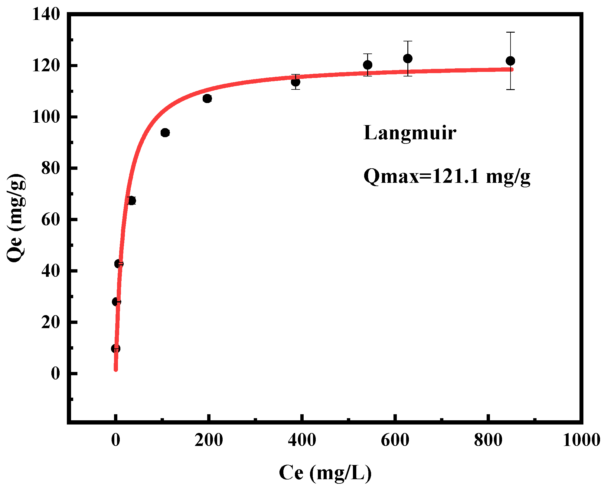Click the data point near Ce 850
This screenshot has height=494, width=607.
(510, 61)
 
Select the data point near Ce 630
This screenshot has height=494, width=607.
(408, 58)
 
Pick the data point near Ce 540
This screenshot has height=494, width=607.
(367, 65)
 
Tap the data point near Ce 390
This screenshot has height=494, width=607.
(295, 82)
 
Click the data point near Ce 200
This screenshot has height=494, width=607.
(207, 98)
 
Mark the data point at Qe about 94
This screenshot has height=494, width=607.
(165, 133)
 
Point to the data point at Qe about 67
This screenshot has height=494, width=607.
(132, 201)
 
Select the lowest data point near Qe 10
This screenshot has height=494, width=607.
(116, 349)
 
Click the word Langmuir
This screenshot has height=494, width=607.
(410, 133)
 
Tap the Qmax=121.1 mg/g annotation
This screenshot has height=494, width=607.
(447, 176)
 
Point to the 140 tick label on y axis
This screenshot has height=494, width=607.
(46, 14)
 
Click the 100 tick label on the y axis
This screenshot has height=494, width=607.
(46, 117)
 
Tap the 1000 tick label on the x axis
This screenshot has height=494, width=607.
(581, 440)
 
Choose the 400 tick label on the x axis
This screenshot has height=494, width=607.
(302, 440)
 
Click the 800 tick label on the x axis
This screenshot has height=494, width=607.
(488, 440)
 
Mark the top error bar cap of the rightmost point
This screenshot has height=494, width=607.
(510, 32)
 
